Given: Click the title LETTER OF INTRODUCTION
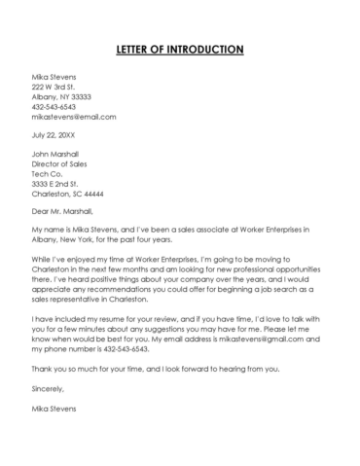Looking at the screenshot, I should coord(180,49).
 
